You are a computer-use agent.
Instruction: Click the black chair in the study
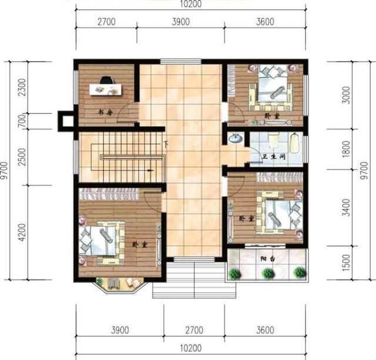coord(106,80)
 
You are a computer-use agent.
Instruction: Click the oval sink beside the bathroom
coord(235,139)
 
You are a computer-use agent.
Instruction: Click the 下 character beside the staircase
coord(166,144)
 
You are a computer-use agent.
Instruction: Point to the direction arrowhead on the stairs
coord(152,169)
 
